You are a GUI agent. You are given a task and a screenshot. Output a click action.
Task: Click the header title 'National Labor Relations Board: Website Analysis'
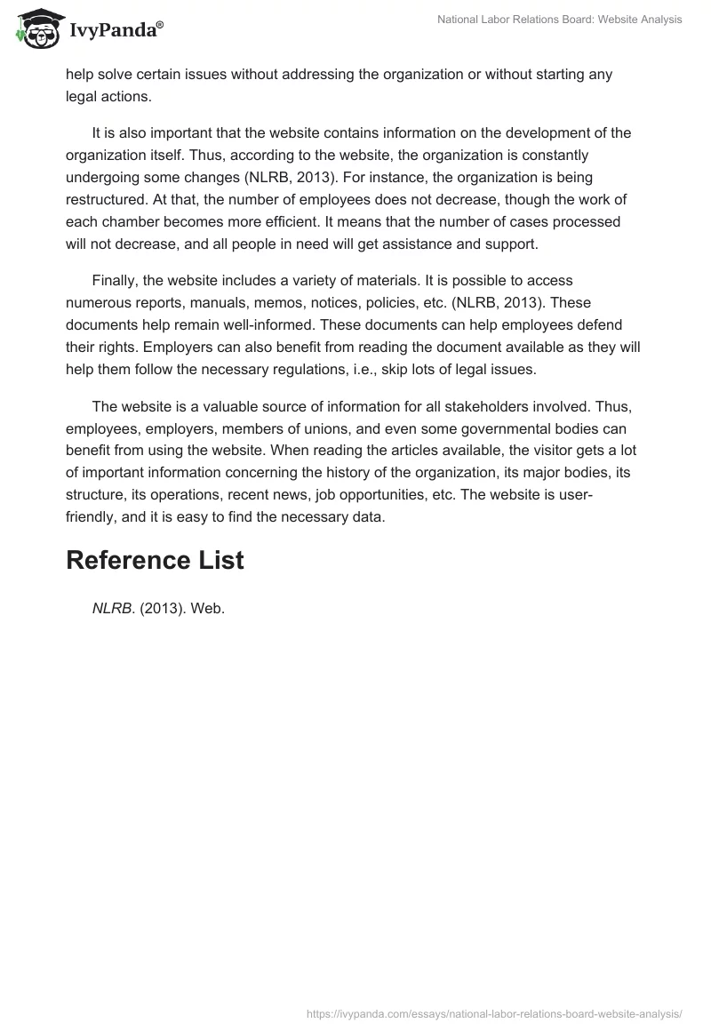[x=560, y=20]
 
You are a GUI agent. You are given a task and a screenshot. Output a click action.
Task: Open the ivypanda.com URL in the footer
[x=494, y=1013]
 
